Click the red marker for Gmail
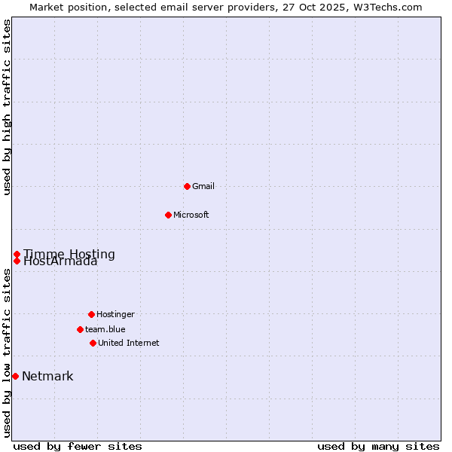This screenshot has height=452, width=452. coord(187,186)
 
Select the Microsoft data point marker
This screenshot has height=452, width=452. coord(168,215)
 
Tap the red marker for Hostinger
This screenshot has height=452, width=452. coord(91,314)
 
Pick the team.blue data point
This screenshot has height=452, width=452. coord(80,329)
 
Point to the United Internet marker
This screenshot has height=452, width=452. coord(93,343)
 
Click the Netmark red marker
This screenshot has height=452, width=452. coord(15,376)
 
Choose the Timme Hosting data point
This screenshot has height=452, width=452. coord(17,254)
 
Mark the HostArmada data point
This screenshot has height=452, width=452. coord(17,261)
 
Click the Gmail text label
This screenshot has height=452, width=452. coord(203,186)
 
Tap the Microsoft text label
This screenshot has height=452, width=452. coord(191,215)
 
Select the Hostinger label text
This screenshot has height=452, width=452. coord(115,314)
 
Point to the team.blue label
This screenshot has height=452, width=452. coord(105,329)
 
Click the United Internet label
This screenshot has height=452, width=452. coord(129,343)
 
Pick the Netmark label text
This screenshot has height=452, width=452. coord(47,377)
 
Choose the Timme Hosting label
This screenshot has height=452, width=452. coord(69,254)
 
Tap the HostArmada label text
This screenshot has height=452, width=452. coord(60,262)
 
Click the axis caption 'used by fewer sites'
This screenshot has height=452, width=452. coord(78,446)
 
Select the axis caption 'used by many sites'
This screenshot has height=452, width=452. coord(378,446)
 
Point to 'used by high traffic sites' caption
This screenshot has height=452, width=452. coord(7,107)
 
